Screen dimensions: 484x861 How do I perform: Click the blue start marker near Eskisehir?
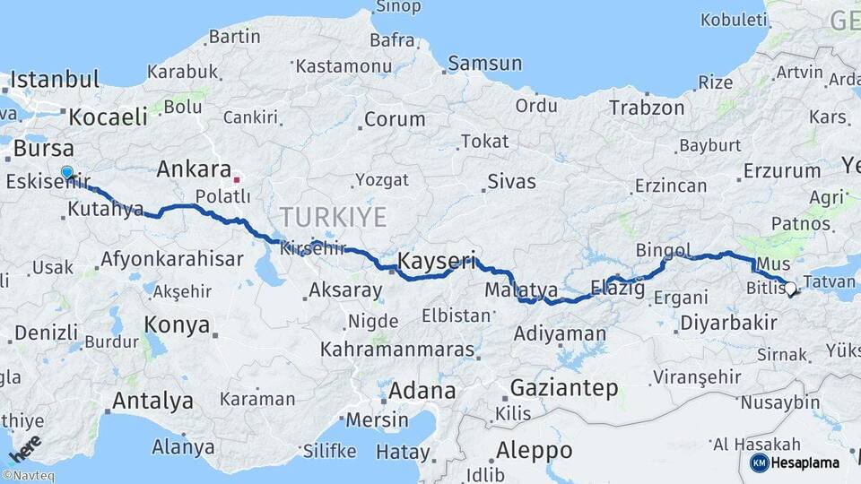coord(67,172)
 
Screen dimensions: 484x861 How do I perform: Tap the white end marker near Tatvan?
coord(790,289)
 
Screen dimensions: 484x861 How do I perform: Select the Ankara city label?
coord(194,169)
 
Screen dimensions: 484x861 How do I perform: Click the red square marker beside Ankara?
coord(237,178)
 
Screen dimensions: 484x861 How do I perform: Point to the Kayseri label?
coord(437,262)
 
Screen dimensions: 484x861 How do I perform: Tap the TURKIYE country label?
coord(333,217)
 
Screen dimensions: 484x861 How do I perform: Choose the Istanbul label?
coord(56,79)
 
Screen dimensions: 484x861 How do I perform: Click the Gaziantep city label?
coord(564,388)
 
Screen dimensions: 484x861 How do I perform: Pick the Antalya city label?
coord(152,399)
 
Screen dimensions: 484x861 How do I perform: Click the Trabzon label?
coord(647,108)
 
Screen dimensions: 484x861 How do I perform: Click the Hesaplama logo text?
coord(805,462)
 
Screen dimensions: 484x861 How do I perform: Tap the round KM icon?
coord(760,462)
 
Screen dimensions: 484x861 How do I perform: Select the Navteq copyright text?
coord(29,476)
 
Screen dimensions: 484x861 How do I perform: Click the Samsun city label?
coord(484,63)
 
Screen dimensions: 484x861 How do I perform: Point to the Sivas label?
coord(511,182)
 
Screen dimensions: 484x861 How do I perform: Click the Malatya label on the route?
coord(521,290)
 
